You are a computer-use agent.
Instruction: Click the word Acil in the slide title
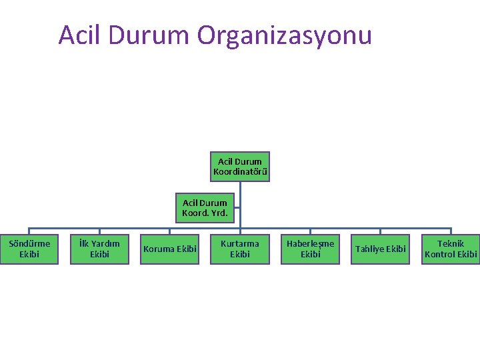79,35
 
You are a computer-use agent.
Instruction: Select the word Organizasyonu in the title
284,35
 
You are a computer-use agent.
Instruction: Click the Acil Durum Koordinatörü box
240,167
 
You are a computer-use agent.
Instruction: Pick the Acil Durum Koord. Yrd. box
205,209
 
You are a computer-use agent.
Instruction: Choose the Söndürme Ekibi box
29,249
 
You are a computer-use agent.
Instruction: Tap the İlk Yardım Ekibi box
99,249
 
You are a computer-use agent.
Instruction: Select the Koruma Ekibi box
170,249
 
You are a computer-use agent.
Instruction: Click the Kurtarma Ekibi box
240,249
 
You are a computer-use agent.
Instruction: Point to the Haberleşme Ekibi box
310,249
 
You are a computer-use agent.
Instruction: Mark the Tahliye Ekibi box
381,249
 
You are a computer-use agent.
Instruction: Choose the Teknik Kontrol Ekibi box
451,249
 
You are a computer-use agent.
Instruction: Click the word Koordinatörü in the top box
240,172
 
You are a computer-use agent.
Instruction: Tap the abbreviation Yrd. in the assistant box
219,214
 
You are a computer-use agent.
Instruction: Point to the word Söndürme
29,243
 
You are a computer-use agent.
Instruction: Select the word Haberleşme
310,243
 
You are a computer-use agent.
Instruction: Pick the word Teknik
451,243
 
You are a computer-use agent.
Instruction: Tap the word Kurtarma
240,243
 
